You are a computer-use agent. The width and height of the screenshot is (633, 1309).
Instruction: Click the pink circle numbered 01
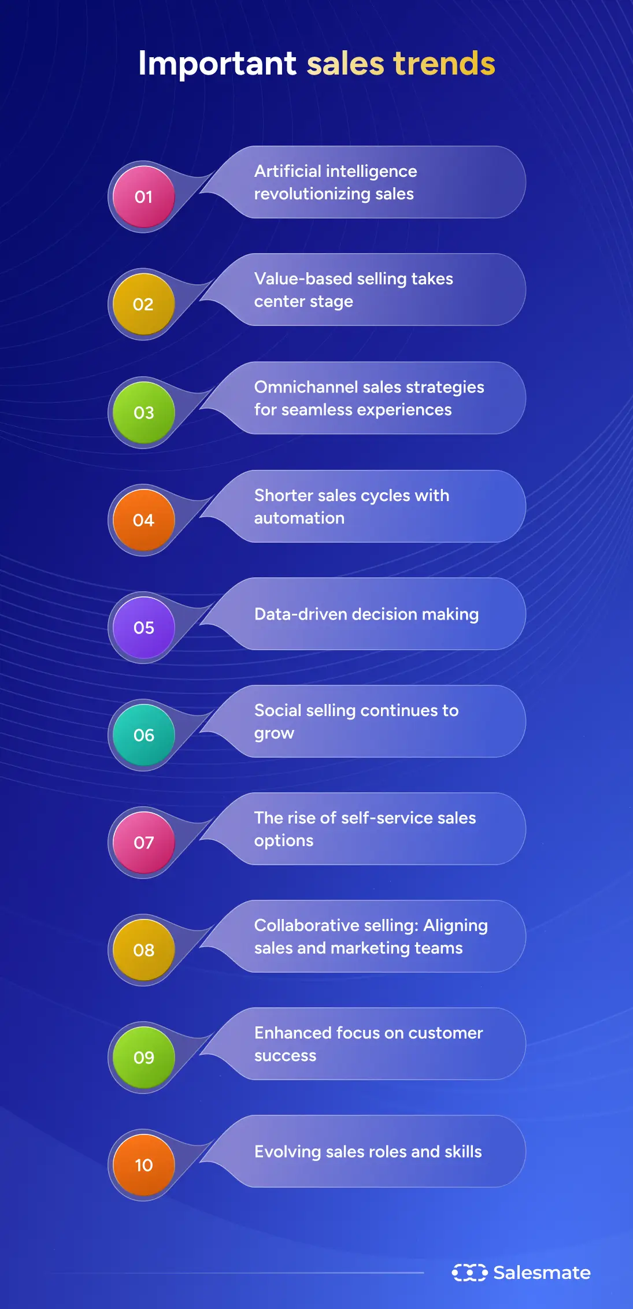[x=143, y=196]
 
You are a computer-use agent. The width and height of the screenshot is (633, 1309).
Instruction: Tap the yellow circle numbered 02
[x=143, y=304]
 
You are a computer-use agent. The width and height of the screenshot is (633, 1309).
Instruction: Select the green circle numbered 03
[x=143, y=412]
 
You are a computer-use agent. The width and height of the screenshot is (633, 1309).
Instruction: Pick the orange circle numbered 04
[x=143, y=520]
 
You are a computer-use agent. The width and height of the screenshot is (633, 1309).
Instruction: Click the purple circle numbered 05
[x=143, y=628]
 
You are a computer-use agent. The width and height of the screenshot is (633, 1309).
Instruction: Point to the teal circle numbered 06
[x=143, y=735]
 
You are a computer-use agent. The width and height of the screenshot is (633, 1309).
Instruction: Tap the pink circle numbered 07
[x=143, y=843]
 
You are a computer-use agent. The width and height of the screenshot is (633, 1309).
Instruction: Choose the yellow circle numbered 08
[x=143, y=950]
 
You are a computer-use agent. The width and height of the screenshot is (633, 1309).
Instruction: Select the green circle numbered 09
[x=143, y=1058]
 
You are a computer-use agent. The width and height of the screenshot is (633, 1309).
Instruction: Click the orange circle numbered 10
[x=143, y=1165]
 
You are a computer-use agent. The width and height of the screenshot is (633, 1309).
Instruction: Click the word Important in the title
[x=217, y=64]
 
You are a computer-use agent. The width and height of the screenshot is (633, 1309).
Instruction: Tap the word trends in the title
[x=444, y=64]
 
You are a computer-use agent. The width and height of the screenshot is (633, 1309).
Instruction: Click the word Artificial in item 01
[x=287, y=171]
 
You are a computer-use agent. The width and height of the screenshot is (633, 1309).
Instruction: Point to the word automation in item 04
[x=299, y=518]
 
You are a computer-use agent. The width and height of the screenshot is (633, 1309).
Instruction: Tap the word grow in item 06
[x=274, y=734]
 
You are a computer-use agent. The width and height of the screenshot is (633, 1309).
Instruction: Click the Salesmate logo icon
[x=469, y=1273]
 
